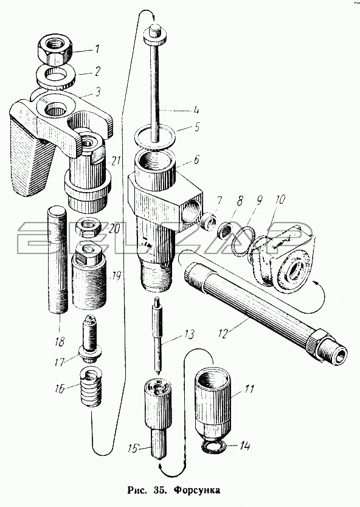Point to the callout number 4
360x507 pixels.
tap(195, 109)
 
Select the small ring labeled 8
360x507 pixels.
tap(224, 230)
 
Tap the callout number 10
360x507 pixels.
tap(280, 199)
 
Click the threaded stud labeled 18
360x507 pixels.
tap(58, 261)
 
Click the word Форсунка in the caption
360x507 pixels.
tap(196, 490)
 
